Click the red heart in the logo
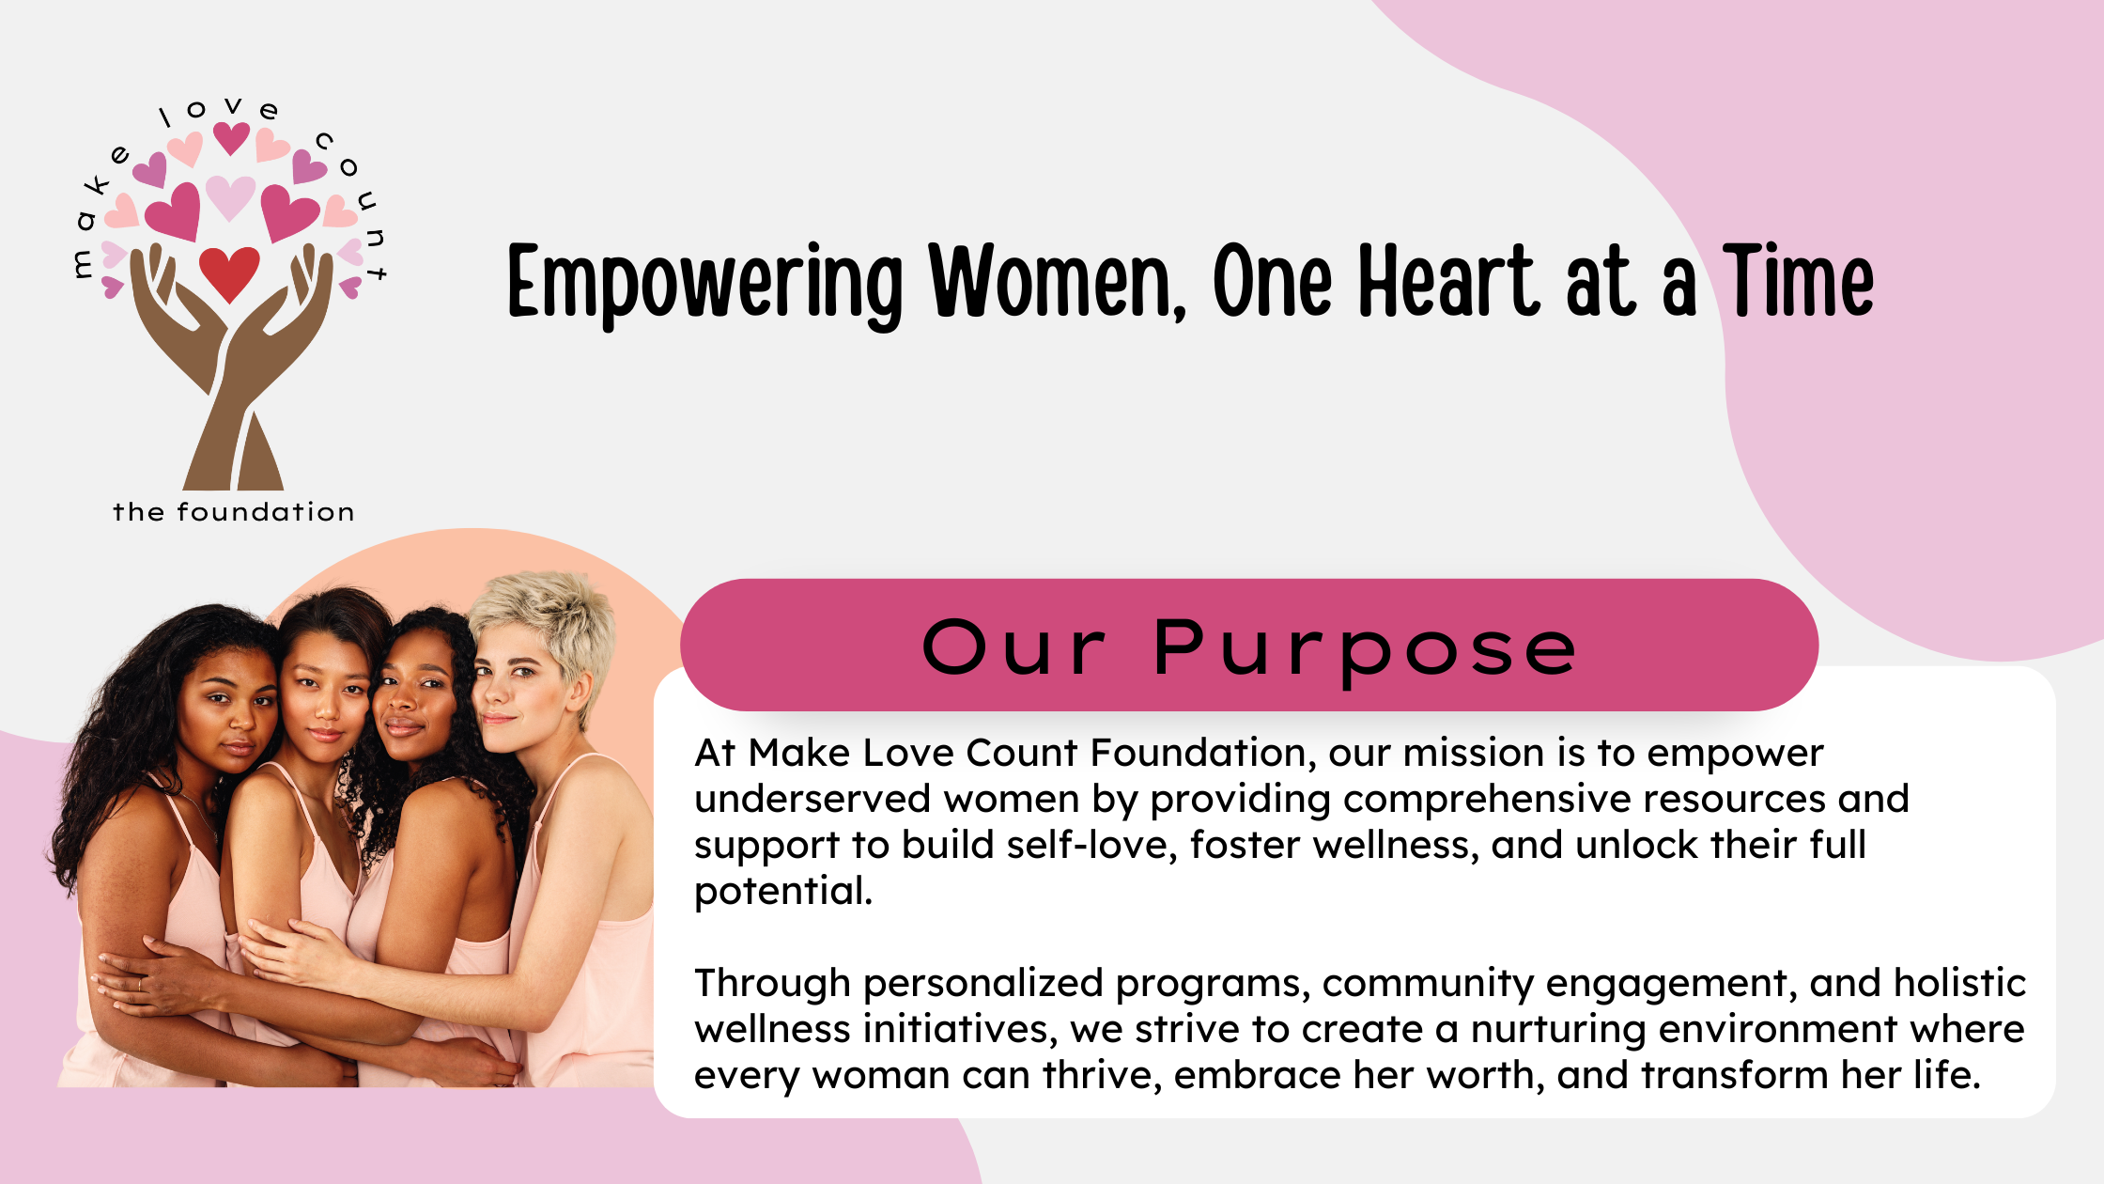(x=229, y=273)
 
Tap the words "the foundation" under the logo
(x=234, y=512)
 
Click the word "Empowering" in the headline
(x=705, y=284)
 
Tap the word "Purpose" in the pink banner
(x=1365, y=649)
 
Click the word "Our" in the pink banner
(x=1013, y=647)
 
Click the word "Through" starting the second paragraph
(x=772, y=984)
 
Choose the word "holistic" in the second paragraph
(x=1959, y=983)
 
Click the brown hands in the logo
(x=231, y=366)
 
